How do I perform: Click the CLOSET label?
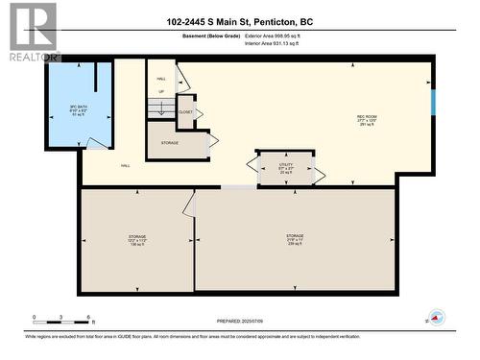186,112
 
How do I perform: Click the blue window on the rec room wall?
432,101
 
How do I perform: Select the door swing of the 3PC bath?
96,143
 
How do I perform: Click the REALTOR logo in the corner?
31,32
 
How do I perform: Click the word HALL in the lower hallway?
126,165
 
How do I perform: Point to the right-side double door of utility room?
320,175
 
